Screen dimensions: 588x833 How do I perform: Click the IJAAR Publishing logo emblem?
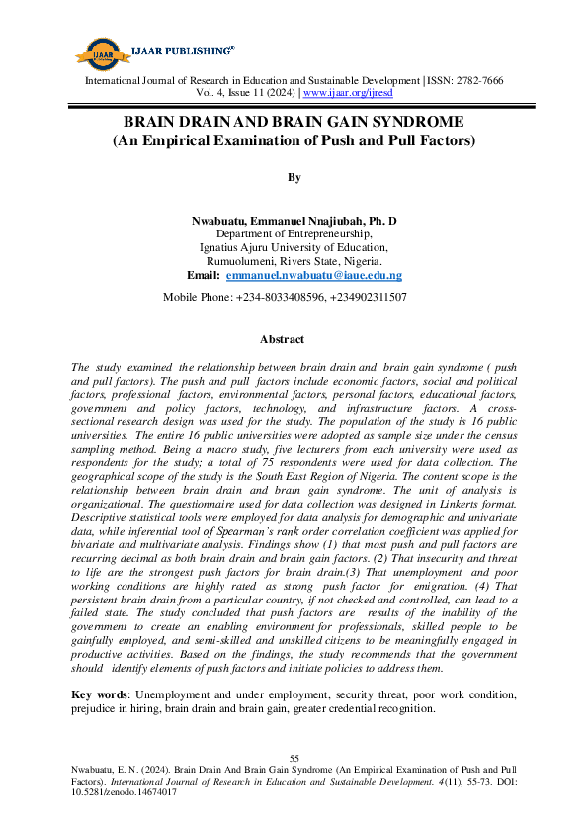99,51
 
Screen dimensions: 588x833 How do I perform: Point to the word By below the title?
294,177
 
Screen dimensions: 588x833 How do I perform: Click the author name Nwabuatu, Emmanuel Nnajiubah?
277,220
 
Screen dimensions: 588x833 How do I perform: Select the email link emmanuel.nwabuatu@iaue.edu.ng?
314,275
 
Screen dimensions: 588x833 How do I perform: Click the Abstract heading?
282,339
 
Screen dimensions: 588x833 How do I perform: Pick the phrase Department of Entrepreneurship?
294,233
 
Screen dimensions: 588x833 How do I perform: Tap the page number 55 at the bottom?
294,757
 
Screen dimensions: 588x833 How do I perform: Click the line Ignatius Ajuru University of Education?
294,247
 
